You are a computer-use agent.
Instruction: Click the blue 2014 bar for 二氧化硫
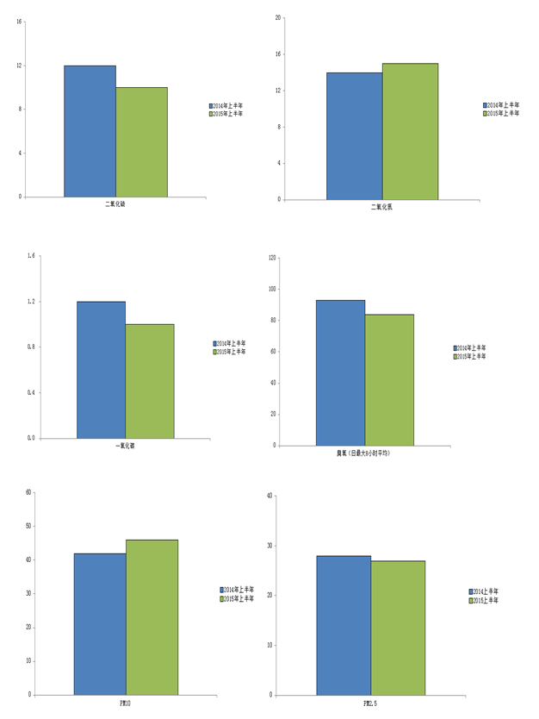(x=90, y=131)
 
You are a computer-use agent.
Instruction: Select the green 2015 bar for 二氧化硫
(x=141, y=142)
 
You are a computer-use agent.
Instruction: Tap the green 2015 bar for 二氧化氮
(x=410, y=131)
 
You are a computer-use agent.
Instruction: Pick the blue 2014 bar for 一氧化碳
(x=101, y=369)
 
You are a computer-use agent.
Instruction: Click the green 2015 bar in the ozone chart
(x=389, y=379)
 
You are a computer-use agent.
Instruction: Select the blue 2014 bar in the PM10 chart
(x=100, y=623)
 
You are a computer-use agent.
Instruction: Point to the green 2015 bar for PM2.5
(x=398, y=628)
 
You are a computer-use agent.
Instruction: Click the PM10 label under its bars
(x=125, y=703)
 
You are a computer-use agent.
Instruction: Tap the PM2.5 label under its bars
(x=370, y=703)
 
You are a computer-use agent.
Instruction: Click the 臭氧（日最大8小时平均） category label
(x=363, y=453)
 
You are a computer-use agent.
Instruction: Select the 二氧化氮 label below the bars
(x=381, y=207)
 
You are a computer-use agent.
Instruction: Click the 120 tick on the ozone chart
(x=272, y=258)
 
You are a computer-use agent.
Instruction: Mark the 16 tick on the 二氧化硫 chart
(x=19, y=22)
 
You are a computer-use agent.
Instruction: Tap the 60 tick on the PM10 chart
(x=28, y=492)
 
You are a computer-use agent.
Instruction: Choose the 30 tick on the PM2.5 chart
(x=269, y=546)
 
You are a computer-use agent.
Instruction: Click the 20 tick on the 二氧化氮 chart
(x=277, y=17)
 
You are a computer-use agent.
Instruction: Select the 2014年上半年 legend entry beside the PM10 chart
(x=239, y=590)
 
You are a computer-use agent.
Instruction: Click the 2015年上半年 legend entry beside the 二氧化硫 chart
(x=228, y=113)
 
